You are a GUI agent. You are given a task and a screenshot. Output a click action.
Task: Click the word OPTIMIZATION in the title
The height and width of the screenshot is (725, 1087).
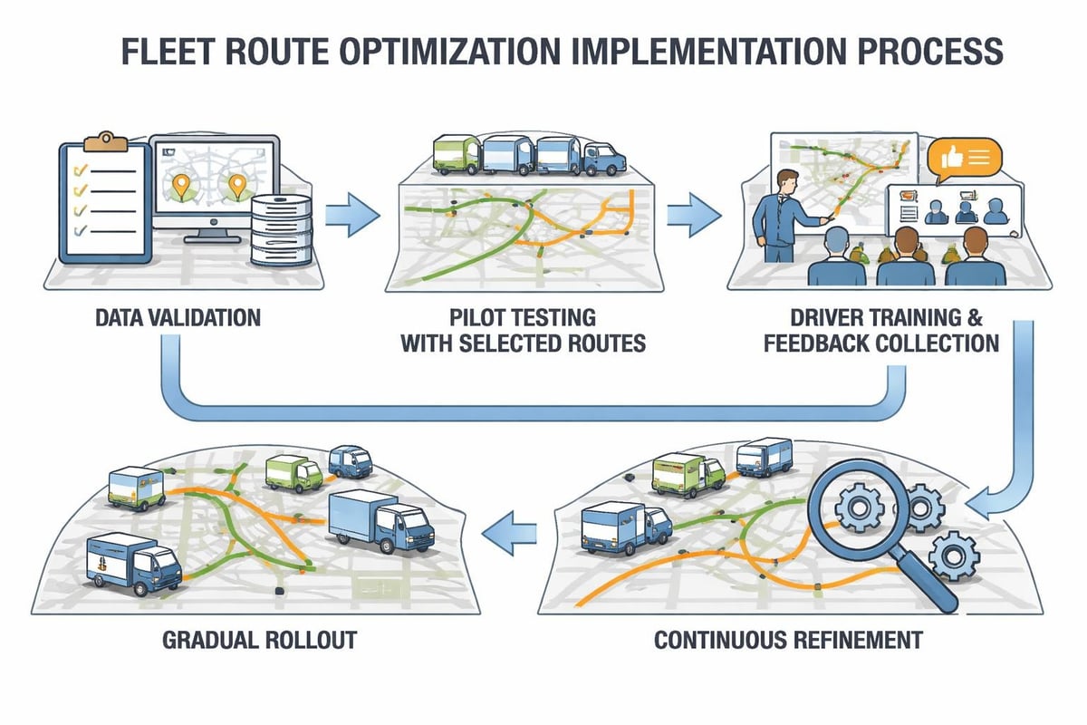click(465, 51)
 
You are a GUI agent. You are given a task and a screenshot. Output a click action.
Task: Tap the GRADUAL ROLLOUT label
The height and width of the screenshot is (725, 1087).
click(259, 640)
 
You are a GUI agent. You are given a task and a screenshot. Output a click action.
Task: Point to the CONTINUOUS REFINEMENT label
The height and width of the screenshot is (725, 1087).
click(788, 640)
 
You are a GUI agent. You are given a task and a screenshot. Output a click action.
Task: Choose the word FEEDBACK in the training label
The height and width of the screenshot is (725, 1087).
click(816, 343)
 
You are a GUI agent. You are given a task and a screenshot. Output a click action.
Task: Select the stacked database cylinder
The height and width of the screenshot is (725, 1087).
click(277, 230)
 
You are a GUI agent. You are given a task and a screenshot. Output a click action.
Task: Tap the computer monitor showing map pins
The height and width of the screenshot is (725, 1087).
click(214, 182)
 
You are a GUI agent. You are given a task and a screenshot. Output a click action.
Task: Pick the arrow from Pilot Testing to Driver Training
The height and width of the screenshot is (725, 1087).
click(694, 214)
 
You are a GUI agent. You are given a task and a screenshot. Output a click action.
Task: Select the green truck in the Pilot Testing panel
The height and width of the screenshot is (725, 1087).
click(455, 153)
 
